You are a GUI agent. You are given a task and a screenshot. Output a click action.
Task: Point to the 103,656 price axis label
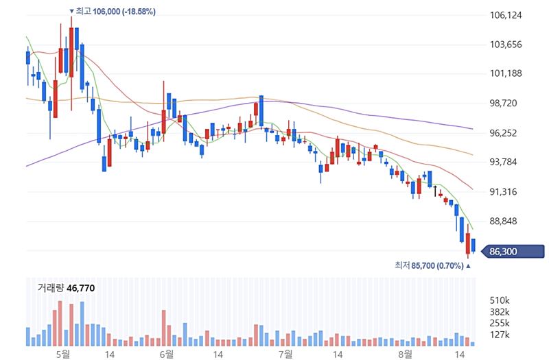(x=506, y=45)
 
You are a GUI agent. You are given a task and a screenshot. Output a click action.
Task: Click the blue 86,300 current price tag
(x=513, y=252)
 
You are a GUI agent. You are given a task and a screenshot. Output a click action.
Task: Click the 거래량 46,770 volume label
(x=66, y=288)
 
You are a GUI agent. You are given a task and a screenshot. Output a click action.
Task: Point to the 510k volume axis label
(x=500, y=300)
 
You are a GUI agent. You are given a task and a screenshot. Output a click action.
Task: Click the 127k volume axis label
(x=500, y=335)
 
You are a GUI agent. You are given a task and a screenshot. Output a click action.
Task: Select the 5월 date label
(x=62, y=354)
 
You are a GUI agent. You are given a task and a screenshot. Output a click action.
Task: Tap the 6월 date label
(x=165, y=354)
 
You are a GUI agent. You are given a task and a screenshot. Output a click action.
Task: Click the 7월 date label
(x=285, y=354)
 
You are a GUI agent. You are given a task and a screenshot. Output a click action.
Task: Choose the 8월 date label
(x=406, y=354)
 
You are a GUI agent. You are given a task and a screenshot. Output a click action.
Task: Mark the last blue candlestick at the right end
(x=473, y=245)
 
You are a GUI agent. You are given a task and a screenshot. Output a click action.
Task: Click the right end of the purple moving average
(x=472, y=128)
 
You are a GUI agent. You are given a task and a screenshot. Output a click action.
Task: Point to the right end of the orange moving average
(x=472, y=155)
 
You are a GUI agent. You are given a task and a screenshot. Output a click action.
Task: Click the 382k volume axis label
(x=500, y=312)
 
